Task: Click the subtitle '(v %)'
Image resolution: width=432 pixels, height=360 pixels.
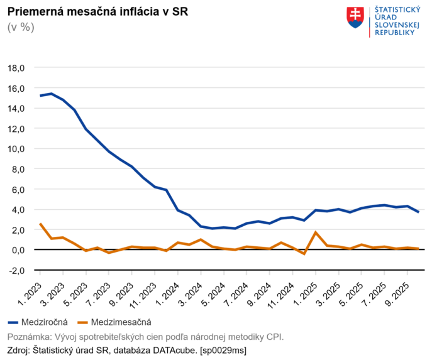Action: tap(20, 27)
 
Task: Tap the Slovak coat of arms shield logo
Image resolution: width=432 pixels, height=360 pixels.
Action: tap(355, 18)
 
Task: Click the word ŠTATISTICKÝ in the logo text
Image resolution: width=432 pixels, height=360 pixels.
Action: tap(397, 9)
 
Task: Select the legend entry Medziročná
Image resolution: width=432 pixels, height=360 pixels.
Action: tap(37, 322)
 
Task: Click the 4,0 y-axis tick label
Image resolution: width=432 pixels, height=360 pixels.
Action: tap(17, 209)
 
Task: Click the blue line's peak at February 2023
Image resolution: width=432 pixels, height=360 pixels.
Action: tap(52, 94)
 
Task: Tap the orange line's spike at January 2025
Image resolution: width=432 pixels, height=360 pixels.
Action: tap(316, 232)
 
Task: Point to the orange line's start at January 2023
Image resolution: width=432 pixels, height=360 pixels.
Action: tap(40, 224)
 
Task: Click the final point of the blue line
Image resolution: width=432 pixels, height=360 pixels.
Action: tap(419, 212)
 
